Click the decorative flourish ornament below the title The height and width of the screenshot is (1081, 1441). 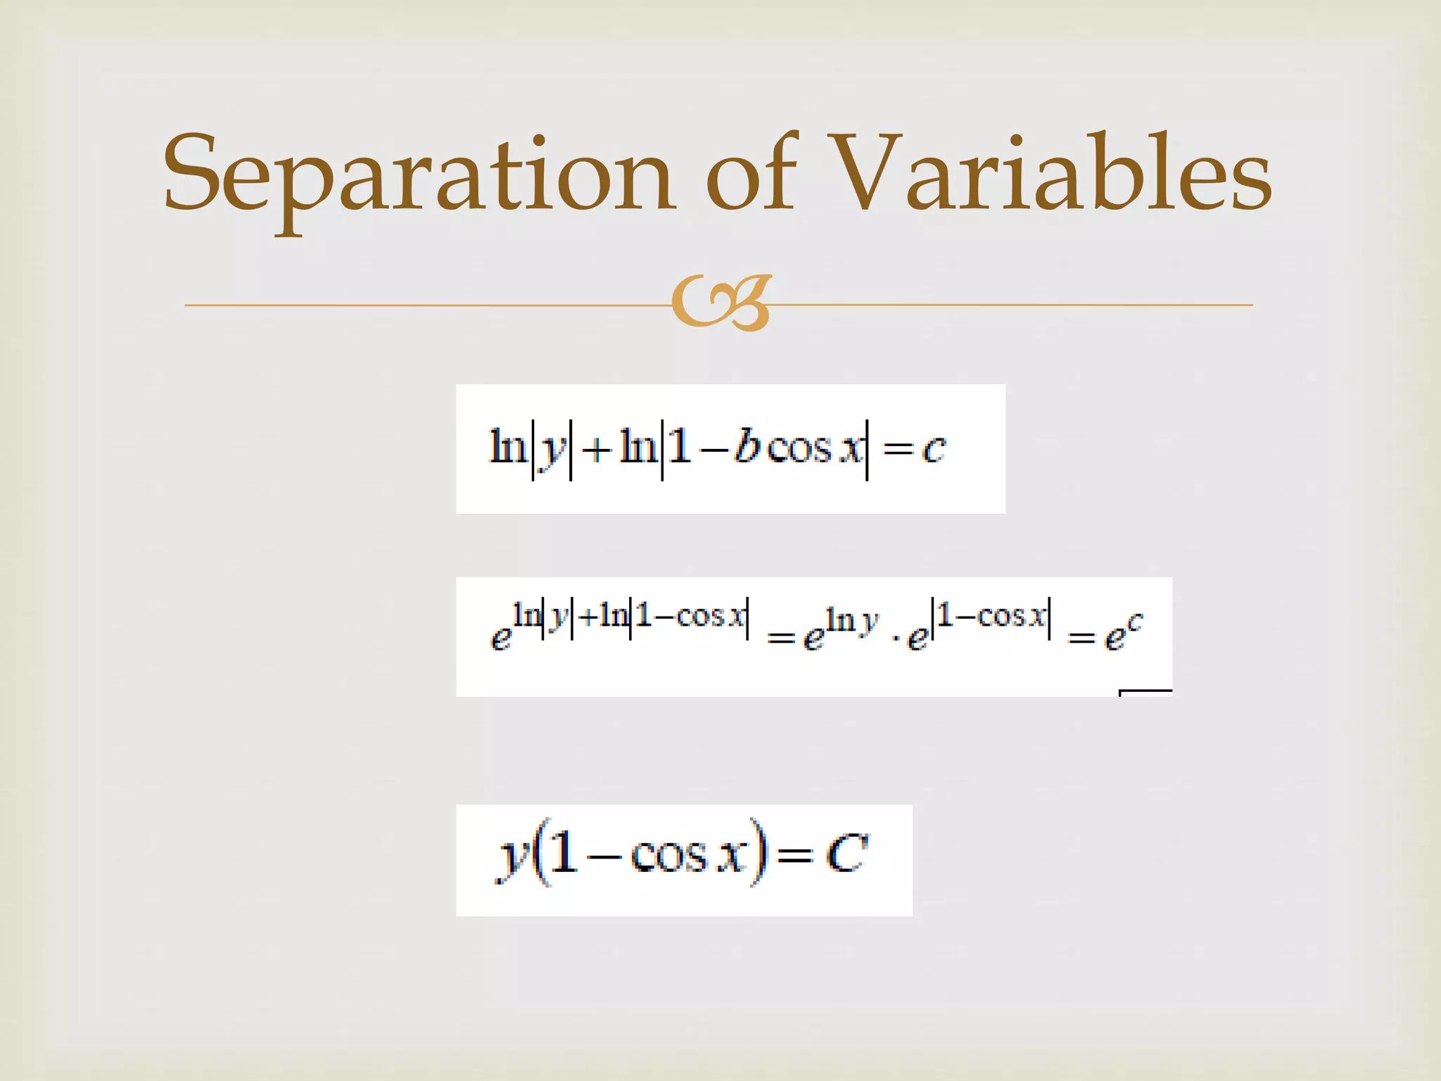(721, 303)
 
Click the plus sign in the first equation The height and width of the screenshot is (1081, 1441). (596, 450)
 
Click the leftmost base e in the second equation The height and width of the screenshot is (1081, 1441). (500, 638)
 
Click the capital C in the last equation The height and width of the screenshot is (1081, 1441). (847, 854)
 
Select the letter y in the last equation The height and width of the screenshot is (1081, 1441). (509, 859)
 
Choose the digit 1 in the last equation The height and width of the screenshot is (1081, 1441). (563, 852)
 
